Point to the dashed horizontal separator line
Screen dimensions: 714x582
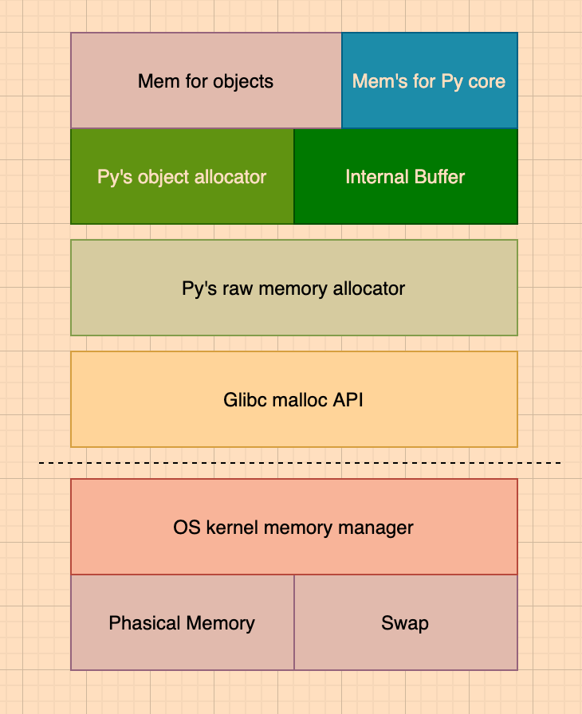coord(300,463)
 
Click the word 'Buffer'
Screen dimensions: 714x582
coord(438,177)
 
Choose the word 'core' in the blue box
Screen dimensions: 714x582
coord(487,81)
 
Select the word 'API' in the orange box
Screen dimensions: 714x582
coord(349,400)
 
